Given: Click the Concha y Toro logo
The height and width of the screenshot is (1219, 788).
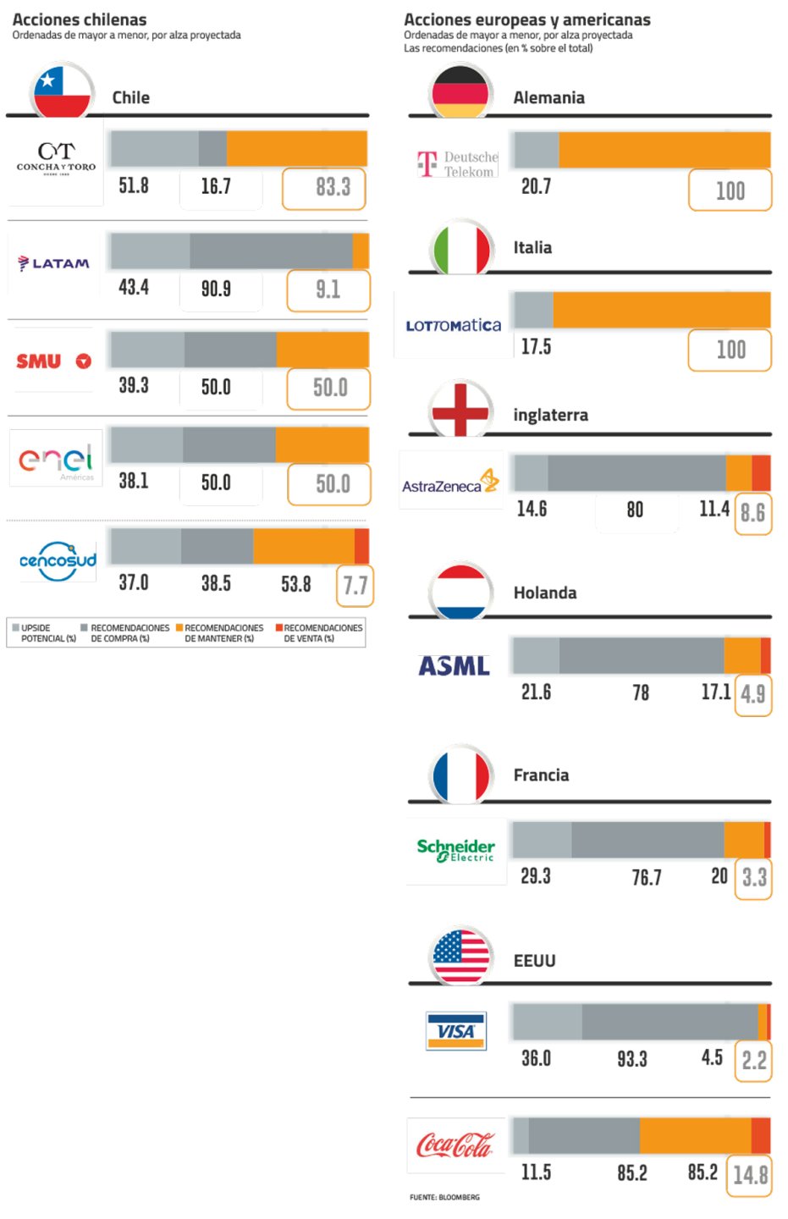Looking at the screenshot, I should coord(56,157).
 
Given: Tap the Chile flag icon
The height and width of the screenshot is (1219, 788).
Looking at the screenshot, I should coord(61,92).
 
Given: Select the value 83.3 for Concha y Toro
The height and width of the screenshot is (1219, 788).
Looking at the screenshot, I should coord(324,188).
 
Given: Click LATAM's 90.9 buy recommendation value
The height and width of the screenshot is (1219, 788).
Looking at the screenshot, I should coord(216,290).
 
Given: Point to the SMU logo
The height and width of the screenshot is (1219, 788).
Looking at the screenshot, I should coord(53,361).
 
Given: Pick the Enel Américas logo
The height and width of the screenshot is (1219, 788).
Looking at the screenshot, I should coord(56,460).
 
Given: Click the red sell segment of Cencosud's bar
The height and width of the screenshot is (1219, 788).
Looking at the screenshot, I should coord(361,546).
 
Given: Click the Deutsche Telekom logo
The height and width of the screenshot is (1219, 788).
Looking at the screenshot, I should coord(458,163).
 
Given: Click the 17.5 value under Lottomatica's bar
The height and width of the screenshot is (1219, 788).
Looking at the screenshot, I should coord(536,347).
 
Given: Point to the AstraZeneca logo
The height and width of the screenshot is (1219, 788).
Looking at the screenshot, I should coord(450,483).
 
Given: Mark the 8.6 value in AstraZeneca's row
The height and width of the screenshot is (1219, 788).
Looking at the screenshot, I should coord(752,513).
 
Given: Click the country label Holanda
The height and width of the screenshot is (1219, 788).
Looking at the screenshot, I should coord(545,593).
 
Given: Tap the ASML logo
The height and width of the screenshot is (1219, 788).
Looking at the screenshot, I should coord(455,667).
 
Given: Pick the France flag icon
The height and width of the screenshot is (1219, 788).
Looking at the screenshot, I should coord(461,775).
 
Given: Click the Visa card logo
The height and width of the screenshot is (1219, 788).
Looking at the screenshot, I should coord(456,1031).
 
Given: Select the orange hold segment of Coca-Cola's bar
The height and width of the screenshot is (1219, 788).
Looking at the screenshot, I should coord(695,1135).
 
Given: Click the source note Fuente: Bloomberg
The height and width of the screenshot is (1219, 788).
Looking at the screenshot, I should coord(444,1197).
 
